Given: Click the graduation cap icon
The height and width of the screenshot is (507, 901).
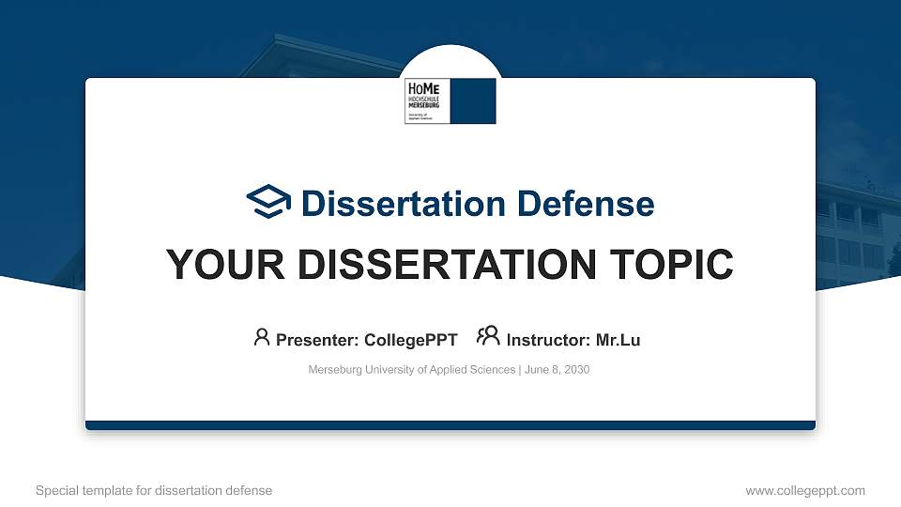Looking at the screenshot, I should point(269,202).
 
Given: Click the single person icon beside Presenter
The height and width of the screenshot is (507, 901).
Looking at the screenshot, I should point(262,337).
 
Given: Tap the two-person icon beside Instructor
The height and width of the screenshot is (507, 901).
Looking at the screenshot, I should point(489,336).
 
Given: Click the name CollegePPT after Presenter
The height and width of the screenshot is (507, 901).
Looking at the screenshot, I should point(412,340).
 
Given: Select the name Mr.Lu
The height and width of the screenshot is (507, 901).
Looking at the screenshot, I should point(618,340).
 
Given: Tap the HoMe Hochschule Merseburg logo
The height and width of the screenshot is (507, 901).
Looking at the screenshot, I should point(428,101).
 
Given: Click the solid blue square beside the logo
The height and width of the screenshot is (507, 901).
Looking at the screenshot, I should point(473,101).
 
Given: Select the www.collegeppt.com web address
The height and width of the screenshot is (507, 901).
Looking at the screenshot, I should point(805,490).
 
